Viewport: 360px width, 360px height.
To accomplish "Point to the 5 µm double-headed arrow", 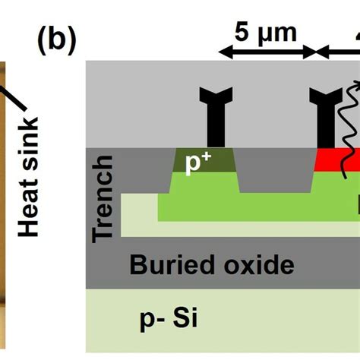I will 266,52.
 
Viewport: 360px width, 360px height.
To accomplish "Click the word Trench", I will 104,198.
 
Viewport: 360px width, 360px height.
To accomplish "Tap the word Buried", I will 167,265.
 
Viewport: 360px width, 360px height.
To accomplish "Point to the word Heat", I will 29,207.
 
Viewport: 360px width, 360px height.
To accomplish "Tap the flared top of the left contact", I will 215,96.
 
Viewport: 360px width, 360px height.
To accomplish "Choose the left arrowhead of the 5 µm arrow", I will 223,52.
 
